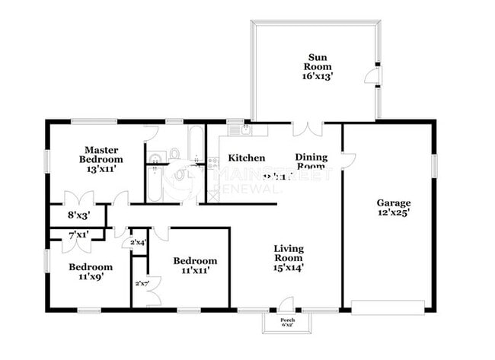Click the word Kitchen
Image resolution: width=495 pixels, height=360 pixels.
click(x=246, y=158)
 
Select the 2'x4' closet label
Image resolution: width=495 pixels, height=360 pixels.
click(x=138, y=243)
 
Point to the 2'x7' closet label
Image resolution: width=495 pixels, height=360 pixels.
click(x=141, y=284)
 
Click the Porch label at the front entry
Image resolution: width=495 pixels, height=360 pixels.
click(x=288, y=322)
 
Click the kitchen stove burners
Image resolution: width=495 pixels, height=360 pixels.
click(x=213, y=163)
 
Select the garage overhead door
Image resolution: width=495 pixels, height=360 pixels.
click(x=388, y=307)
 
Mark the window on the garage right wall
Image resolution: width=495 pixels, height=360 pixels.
click(x=435, y=164)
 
